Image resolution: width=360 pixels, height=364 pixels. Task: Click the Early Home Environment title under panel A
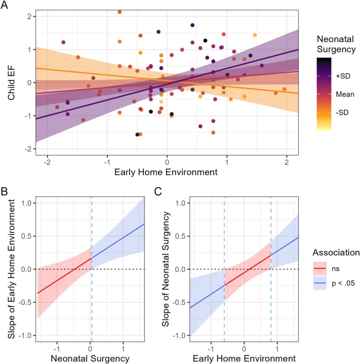[x=166, y=172]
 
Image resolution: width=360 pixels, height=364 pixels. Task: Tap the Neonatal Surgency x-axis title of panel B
[x=90, y=359]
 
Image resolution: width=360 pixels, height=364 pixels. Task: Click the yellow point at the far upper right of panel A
[x=255, y=35]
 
